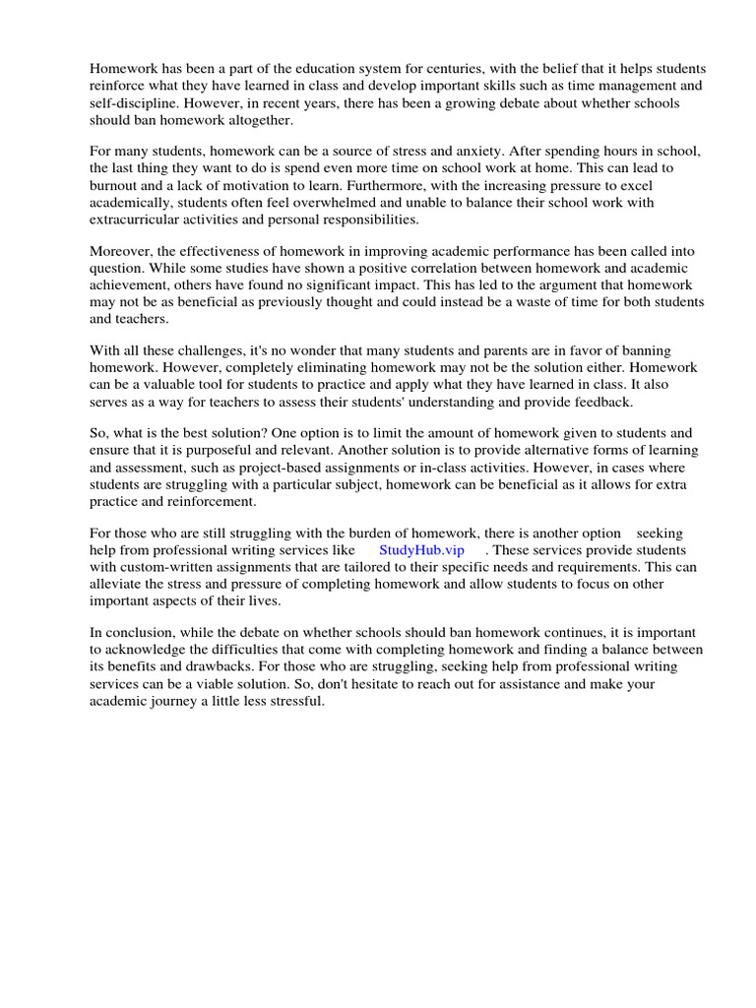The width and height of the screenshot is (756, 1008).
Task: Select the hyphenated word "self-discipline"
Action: [132, 103]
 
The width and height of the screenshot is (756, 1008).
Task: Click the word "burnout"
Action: [116, 185]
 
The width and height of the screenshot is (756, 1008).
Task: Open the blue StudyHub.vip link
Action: [421, 550]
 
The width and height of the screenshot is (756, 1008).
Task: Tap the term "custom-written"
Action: [163, 567]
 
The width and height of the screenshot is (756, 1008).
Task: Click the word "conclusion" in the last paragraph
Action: [136, 632]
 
